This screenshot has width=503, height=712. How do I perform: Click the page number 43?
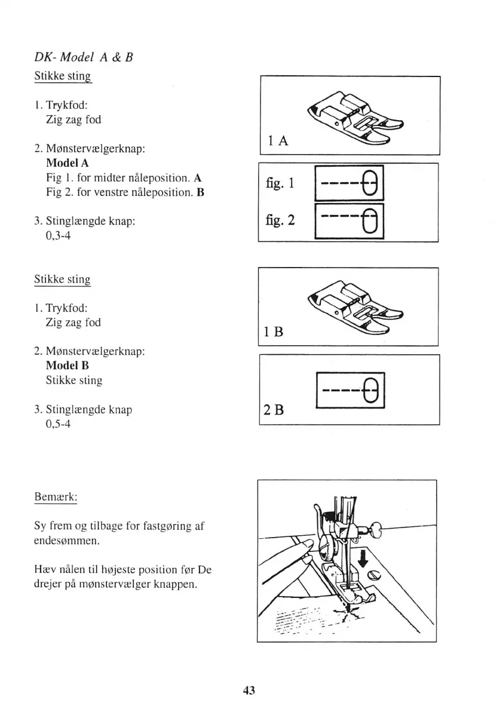pos(249,690)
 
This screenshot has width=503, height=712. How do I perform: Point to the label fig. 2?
pos(280,220)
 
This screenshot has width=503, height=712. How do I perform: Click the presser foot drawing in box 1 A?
pos(354,117)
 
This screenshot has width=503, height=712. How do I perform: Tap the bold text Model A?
pos(67,163)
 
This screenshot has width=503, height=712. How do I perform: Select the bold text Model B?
pos(67,366)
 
